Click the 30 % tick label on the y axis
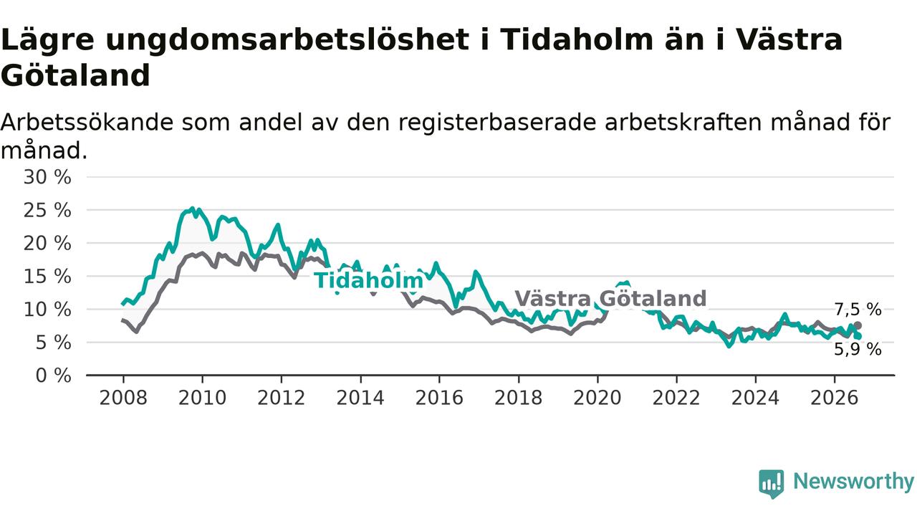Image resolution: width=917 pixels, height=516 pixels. (47, 178)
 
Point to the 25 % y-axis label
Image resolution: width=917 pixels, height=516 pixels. (47, 211)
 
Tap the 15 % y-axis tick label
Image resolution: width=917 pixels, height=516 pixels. (47, 277)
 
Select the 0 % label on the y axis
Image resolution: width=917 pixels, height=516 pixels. (54, 376)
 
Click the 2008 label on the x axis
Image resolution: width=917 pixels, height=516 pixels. (123, 398)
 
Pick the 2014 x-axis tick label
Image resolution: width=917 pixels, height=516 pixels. (360, 398)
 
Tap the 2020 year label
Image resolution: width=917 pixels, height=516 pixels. (597, 398)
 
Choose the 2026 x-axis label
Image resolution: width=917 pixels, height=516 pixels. (835, 398)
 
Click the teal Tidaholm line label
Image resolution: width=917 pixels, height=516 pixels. (368, 281)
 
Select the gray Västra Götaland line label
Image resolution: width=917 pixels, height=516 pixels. (610, 299)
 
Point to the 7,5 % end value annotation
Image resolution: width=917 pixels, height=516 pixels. (858, 310)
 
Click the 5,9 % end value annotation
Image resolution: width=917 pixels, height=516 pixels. (858, 350)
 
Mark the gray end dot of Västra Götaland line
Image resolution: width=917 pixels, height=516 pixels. (858, 325)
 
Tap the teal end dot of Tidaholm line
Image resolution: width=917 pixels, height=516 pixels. (858, 336)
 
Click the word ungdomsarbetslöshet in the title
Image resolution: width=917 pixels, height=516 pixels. (287, 41)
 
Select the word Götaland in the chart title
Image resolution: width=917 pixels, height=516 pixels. (76, 76)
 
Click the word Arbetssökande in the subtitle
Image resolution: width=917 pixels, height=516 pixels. (87, 123)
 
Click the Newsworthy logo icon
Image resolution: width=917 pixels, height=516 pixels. (772, 484)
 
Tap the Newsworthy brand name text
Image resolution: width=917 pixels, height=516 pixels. (854, 482)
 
